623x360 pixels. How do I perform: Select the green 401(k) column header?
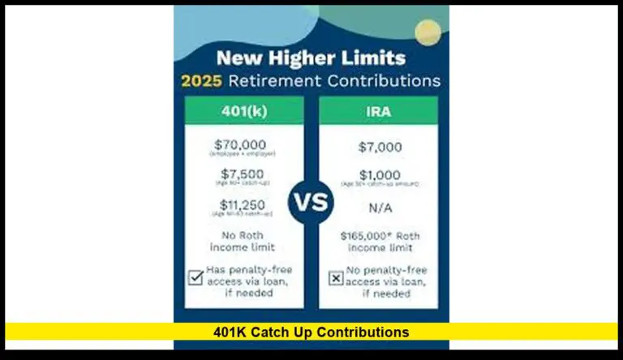pos(243,110)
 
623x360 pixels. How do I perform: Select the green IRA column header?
pos(378,110)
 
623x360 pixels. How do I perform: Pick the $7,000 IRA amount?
pos(378,147)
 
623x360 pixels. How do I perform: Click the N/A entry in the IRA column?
pos(378,208)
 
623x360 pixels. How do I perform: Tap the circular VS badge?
pos(311,201)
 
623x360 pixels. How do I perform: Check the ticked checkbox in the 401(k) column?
pos(195,276)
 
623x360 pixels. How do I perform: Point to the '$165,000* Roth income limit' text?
pos(378,240)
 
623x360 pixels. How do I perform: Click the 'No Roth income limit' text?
pos(243,240)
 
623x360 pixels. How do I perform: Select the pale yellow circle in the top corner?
pos(428,32)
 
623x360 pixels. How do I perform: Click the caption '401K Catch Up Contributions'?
pos(311,332)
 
